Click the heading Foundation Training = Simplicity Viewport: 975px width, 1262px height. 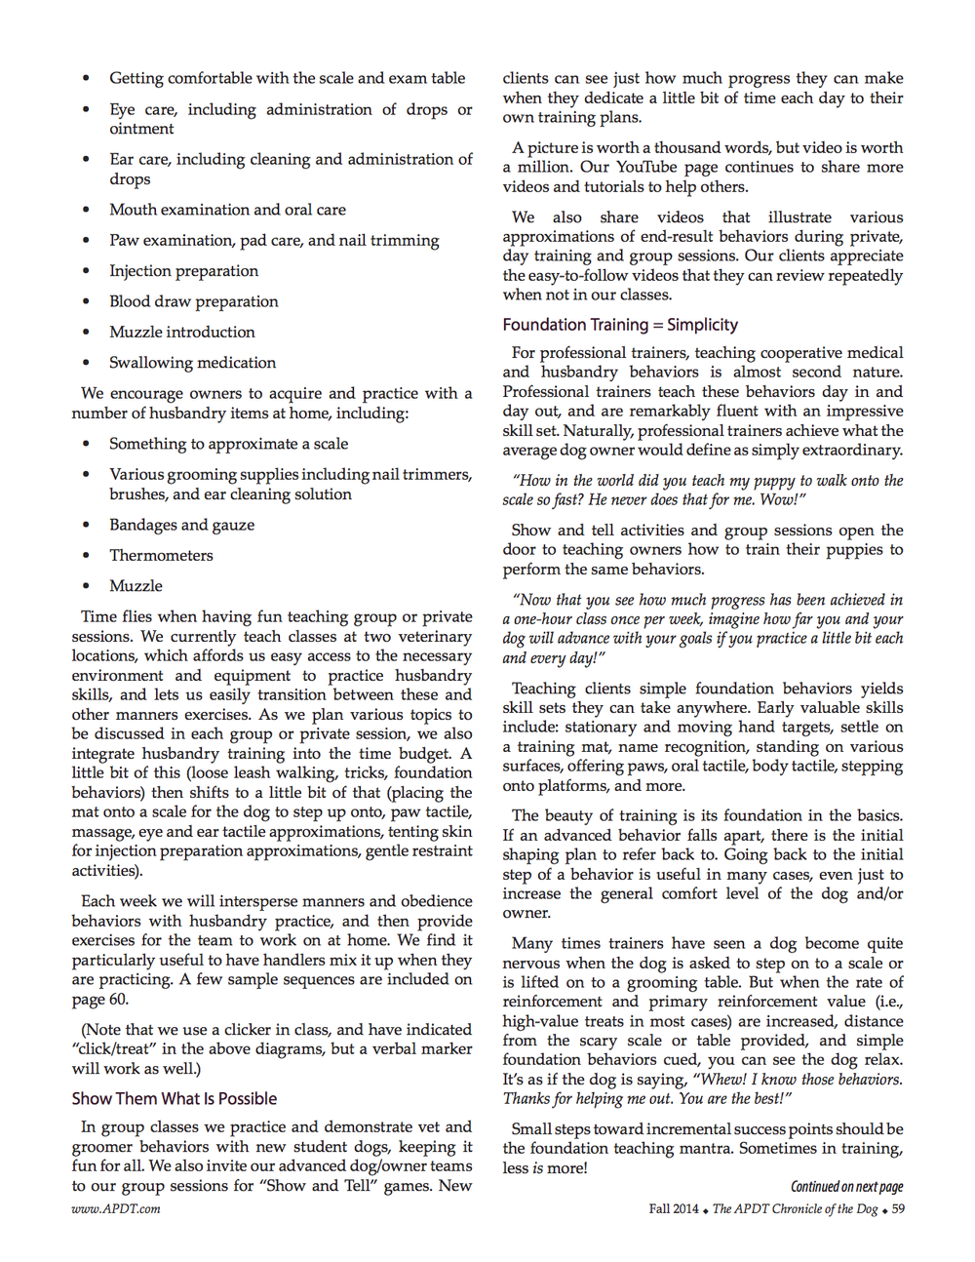[x=620, y=325]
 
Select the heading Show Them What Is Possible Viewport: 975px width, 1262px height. [x=175, y=1098]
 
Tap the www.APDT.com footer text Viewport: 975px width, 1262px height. [x=116, y=1208]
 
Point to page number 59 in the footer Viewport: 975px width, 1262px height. [x=898, y=1208]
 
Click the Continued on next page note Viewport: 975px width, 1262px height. [x=846, y=1186]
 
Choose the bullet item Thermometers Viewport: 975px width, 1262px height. [x=161, y=555]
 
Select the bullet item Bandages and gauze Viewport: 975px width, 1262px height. [x=181, y=525]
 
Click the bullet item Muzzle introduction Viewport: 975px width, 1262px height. [x=181, y=332]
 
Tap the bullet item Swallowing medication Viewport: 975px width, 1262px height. [x=192, y=362]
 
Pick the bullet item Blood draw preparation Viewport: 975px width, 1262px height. [x=193, y=301]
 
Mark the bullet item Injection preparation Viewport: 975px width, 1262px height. [x=183, y=270]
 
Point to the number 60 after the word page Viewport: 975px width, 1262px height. [x=118, y=999]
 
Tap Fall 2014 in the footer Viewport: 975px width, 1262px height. [x=674, y=1208]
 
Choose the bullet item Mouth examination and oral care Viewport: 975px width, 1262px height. [x=227, y=210]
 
